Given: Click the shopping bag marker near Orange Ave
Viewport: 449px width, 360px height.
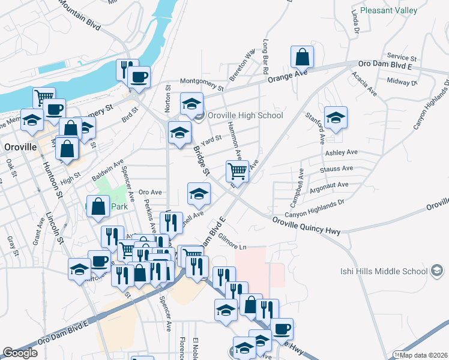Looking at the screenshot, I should (303, 58).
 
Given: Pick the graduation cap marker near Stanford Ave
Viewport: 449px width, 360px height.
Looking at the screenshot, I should (336, 118).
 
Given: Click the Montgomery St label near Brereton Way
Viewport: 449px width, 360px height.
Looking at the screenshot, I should (202, 85).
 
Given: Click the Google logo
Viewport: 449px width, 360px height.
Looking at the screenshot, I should (20, 353).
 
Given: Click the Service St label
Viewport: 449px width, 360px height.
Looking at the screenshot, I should (402, 56).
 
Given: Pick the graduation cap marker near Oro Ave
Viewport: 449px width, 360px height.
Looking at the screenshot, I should (199, 193).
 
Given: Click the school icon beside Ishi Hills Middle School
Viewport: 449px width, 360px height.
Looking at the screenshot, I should (437, 271).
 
